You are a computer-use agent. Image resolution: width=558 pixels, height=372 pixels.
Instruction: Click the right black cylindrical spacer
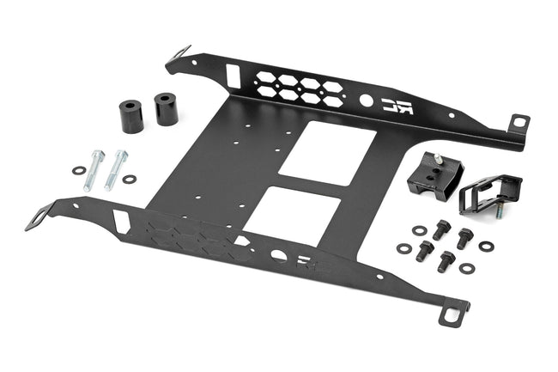pyautogui.click(x=167, y=109)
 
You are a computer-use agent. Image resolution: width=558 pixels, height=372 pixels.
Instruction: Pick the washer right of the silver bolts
pyautogui.click(x=130, y=179)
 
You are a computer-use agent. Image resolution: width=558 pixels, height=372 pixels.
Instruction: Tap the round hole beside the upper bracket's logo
pyautogui.click(x=367, y=101)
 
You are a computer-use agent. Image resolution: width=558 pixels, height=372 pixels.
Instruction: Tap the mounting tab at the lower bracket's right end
pyautogui.click(x=452, y=313)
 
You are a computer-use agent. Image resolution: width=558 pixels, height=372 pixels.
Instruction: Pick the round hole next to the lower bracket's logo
pyautogui.click(x=277, y=255)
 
